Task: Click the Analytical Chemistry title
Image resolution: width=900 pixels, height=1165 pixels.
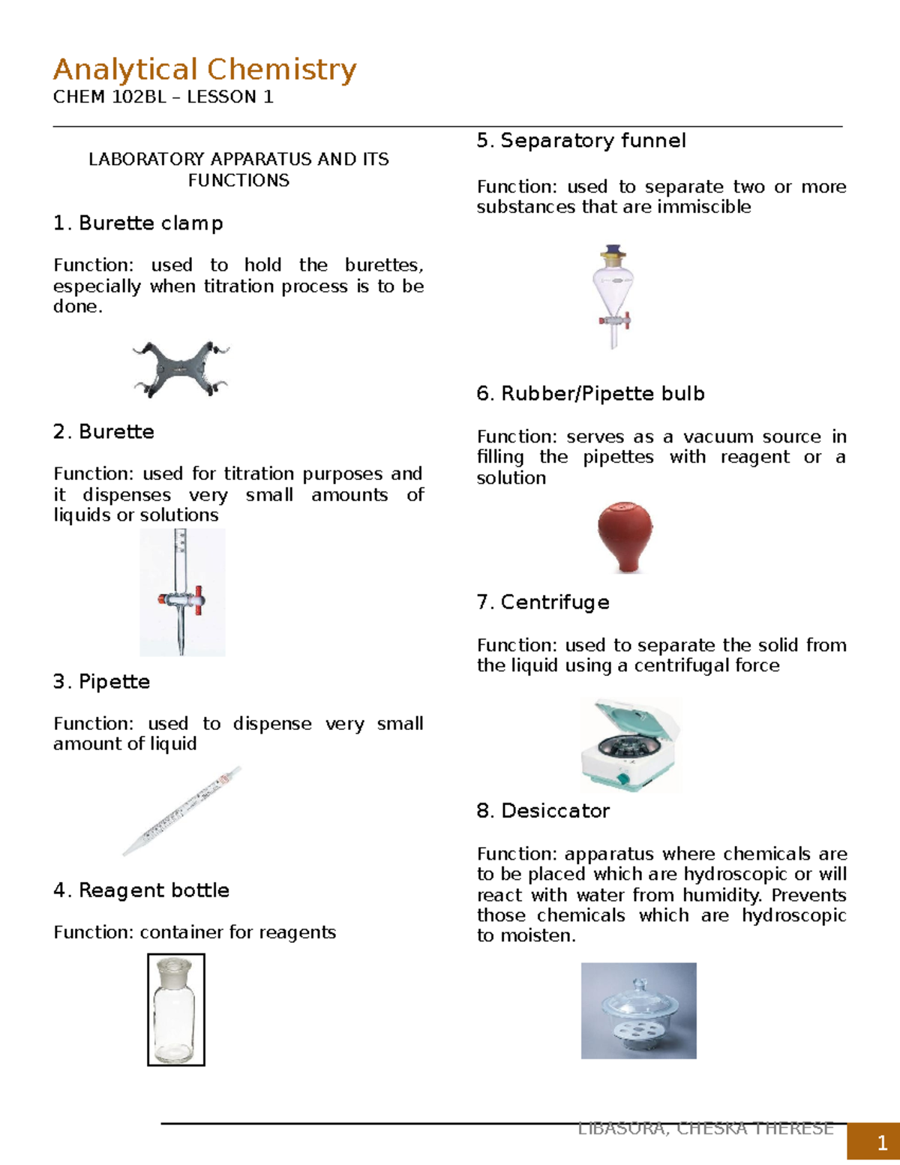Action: [x=204, y=70]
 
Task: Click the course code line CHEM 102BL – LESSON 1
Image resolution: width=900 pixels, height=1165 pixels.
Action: [x=163, y=97]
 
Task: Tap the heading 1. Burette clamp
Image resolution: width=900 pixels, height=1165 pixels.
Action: [x=138, y=224]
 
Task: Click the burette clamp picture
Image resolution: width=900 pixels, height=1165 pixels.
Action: [x=180, y=369]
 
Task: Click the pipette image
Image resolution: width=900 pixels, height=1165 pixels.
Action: [x=182, y=811]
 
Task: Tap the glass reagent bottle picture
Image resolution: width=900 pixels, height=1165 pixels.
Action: [x=176, y=1010]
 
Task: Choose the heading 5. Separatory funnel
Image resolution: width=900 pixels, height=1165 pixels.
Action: [x=581, y=141]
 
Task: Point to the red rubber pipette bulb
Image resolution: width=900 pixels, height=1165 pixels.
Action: [x=624, y=537]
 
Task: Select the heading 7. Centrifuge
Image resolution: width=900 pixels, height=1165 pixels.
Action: [x=543, y=602]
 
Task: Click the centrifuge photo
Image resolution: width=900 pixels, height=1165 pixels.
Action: [x=630, y=744]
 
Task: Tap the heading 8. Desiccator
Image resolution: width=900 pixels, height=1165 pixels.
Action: [x=543, y=811]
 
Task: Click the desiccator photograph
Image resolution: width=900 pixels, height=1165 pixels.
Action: [x=638, y=1010]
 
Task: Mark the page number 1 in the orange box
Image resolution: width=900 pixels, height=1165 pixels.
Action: [x=882, y=1143]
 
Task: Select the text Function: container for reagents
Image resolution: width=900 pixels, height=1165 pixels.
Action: [x=194, y=932]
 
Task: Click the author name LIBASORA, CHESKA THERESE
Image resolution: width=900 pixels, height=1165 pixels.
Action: [x=705, y=1129]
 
